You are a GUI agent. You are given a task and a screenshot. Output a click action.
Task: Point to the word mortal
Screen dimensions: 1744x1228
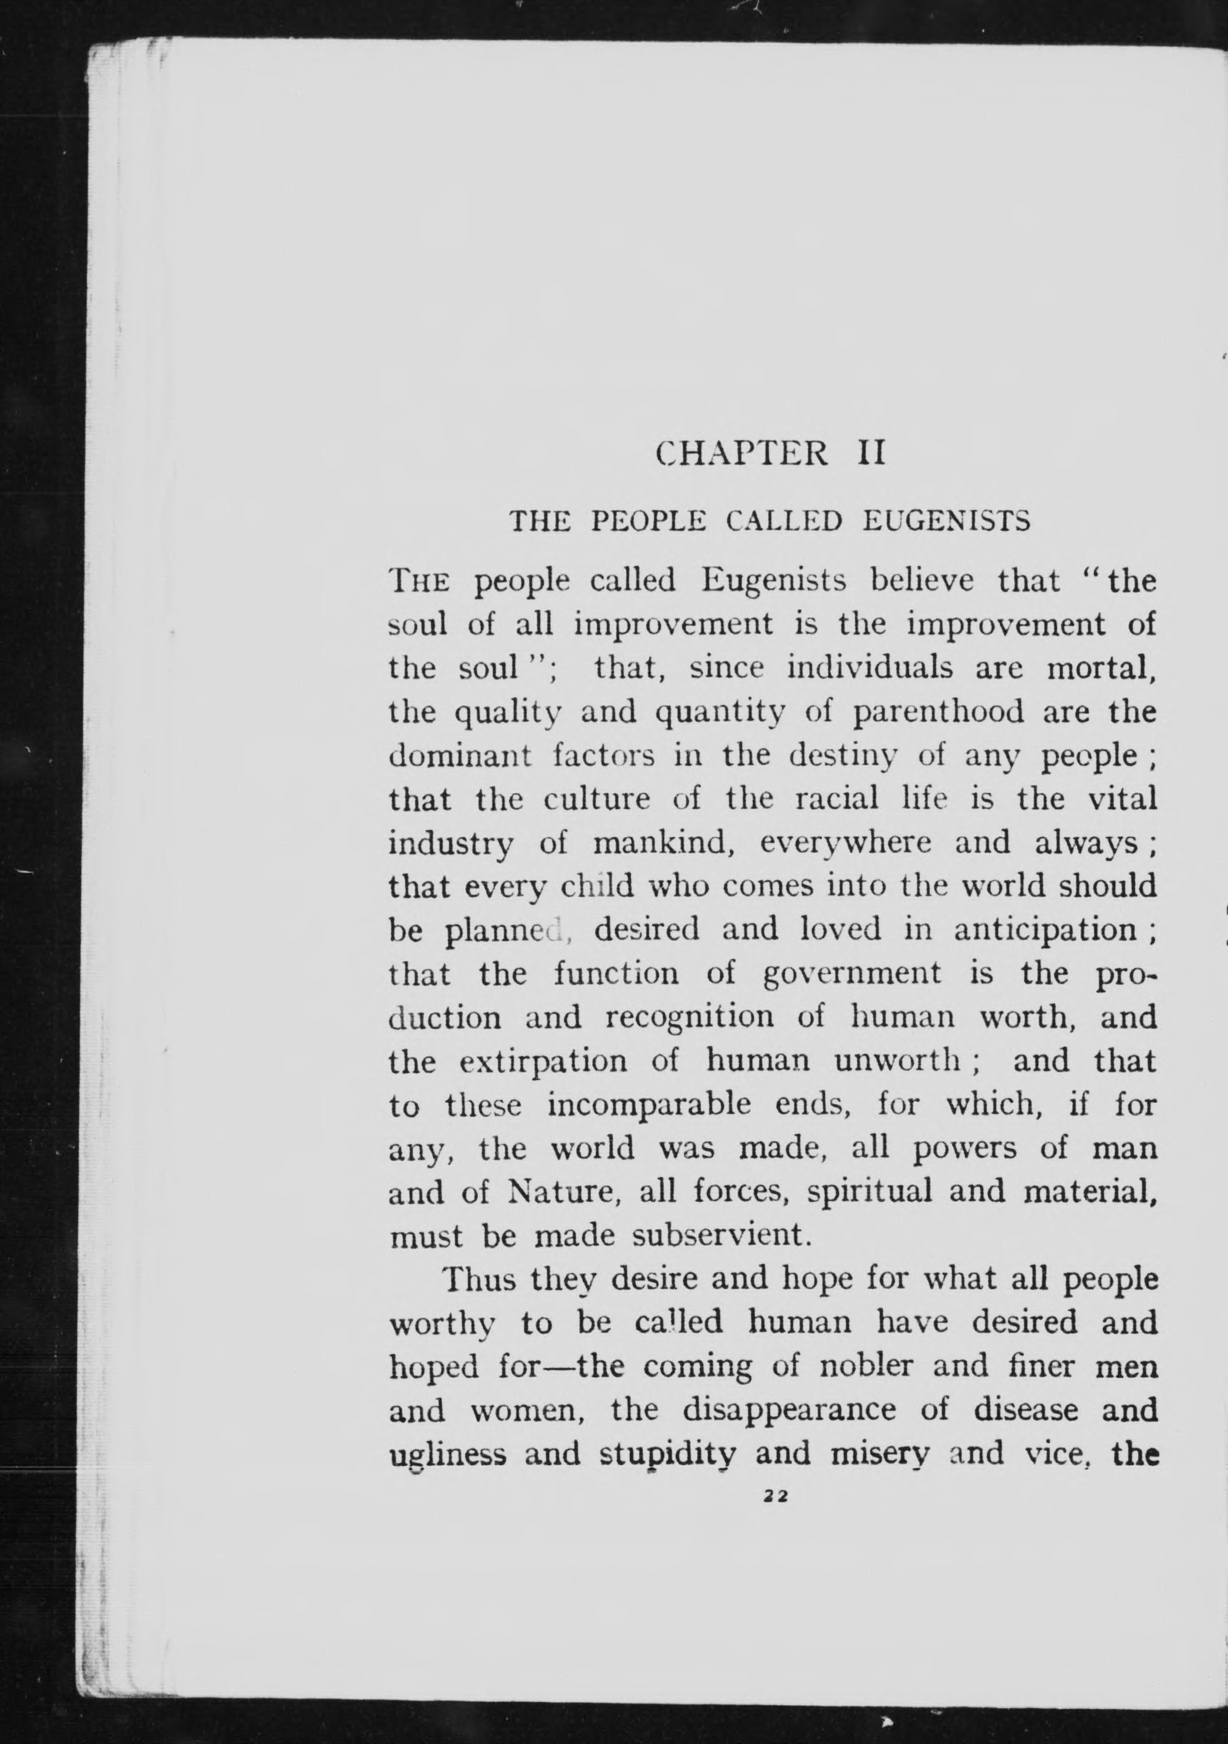click(x=1101, y=668)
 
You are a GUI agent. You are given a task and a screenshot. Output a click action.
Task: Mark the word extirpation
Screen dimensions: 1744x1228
click(x=543, y=1062)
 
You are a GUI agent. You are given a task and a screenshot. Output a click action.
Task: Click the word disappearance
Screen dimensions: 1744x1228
click(x=789, y=1411)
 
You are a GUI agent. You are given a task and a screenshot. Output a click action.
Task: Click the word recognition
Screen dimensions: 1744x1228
click(x=689, y=1018)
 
